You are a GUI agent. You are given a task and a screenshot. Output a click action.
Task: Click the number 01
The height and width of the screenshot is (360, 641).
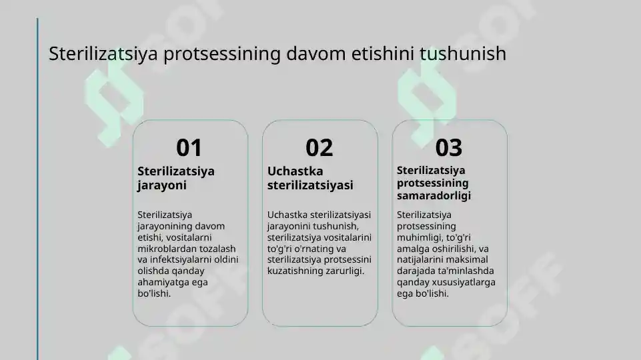click(189, 147)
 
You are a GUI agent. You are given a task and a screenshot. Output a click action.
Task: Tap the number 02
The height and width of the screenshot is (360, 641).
click(319, 147)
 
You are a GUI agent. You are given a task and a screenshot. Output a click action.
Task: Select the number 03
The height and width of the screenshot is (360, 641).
click(448, 147)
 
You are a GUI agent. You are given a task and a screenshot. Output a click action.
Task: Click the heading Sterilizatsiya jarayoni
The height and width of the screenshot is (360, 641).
click(175, 178)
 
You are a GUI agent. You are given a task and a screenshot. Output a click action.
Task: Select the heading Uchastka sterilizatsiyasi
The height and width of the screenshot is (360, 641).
click(309, 178)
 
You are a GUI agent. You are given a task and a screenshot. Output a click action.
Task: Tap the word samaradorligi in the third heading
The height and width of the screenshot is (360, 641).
click(434, 195)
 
